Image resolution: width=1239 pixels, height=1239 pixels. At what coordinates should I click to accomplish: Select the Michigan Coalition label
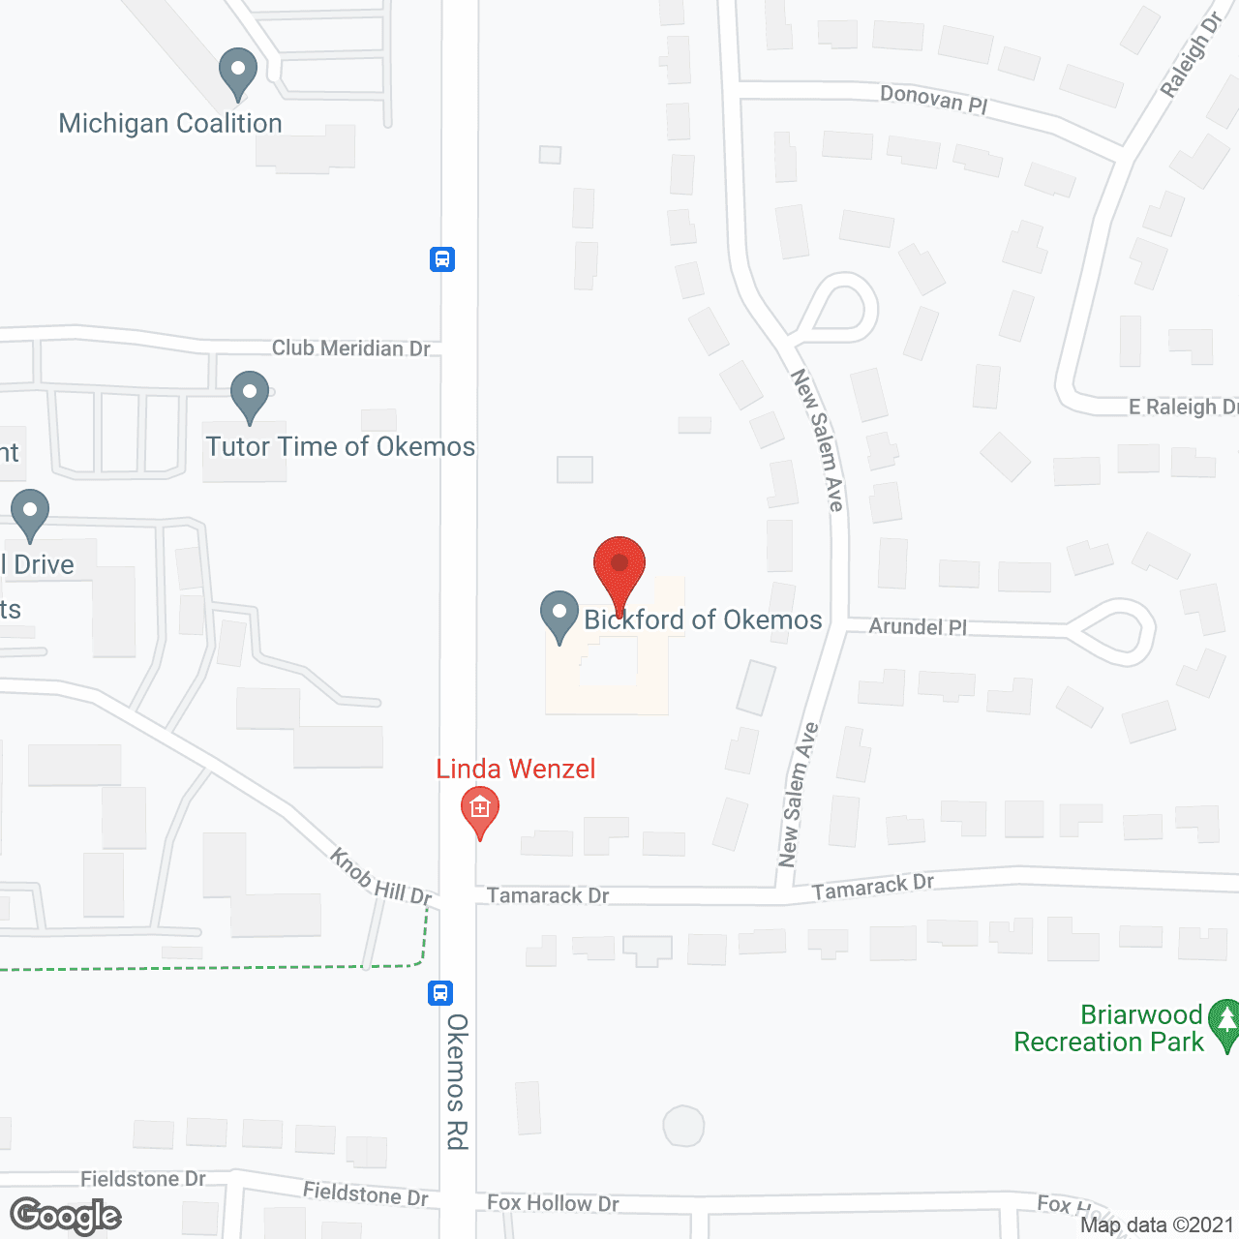pyautogui.click(x=170, y=124)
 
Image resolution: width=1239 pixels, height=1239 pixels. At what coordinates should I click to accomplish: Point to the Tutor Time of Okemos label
pyautogui.click(x=341, y=447)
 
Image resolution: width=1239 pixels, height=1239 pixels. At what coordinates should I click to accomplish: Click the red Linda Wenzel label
pyautogui.click(x=516, y=770)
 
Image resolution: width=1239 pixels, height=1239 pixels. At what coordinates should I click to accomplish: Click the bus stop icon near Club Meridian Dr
pyautogui.click(x=442, y=259)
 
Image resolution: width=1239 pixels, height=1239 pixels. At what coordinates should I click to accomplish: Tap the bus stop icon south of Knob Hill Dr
pyautogui.click(x=440, y=993)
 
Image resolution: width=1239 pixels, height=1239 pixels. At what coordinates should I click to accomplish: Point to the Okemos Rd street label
pyautogui.click(x=457, y=1082)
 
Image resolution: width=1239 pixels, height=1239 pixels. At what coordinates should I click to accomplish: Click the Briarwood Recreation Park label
pyautogui.click(x=1108, y=1029)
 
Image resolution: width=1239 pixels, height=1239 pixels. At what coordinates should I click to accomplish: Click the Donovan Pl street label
pyautogui.click(x=934, y=100)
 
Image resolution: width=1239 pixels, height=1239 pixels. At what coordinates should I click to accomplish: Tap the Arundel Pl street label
pyautogui.click(x=918, y=627)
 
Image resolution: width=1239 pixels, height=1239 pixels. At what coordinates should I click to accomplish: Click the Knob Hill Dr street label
pyautogui.click(x=380, y=877)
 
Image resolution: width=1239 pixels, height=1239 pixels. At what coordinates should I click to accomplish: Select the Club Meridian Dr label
pyautogui.click(x=350, y=348)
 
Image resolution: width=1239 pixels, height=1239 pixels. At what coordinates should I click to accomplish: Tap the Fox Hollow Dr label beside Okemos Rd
pyautogui.click(x=553, y=1203)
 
